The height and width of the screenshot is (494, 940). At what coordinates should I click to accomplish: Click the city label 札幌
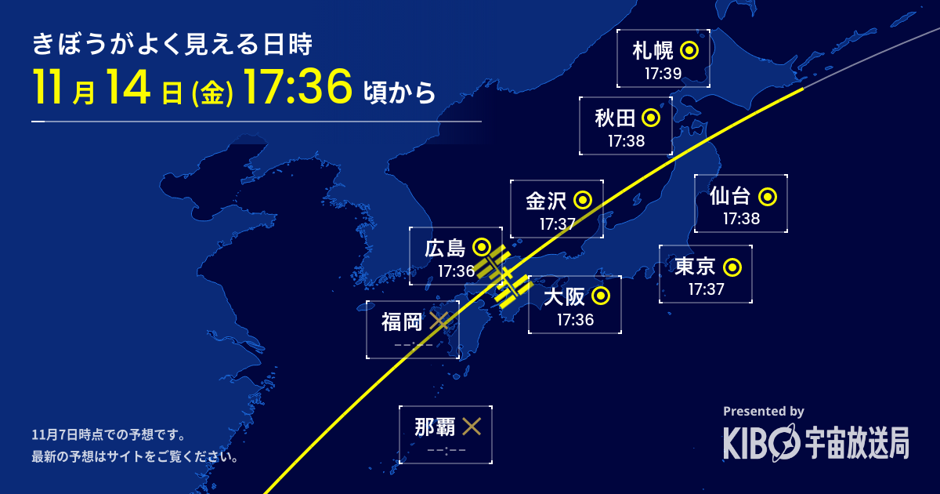click(x=653, y=52)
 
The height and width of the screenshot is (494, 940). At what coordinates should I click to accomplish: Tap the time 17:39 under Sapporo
click(x=663, y=74)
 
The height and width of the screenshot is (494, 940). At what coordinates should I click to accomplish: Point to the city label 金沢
click(x=546, y=201)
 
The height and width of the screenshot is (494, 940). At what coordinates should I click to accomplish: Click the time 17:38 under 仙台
click(x=741, y=219)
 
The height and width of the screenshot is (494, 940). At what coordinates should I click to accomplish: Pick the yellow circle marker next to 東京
click(x=732, y=268)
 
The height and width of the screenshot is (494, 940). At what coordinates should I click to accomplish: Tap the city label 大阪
click(x=564, y=297)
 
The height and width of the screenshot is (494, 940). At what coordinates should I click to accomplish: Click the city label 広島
click(x=445, y=249)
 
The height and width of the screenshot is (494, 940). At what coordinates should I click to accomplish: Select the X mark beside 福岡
click(x=439, y=321)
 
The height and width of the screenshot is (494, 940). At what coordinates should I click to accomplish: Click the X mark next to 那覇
click(x=472, y=427)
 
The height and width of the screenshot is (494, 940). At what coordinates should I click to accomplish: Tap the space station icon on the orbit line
click(x=503, y=278)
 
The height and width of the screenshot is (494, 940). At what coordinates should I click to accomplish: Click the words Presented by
click(x=763, y=411)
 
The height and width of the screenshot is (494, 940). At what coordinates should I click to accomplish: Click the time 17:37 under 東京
click(x=706, y=289)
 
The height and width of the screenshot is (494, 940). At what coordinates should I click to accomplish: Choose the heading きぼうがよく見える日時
click(x=172, y=45)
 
